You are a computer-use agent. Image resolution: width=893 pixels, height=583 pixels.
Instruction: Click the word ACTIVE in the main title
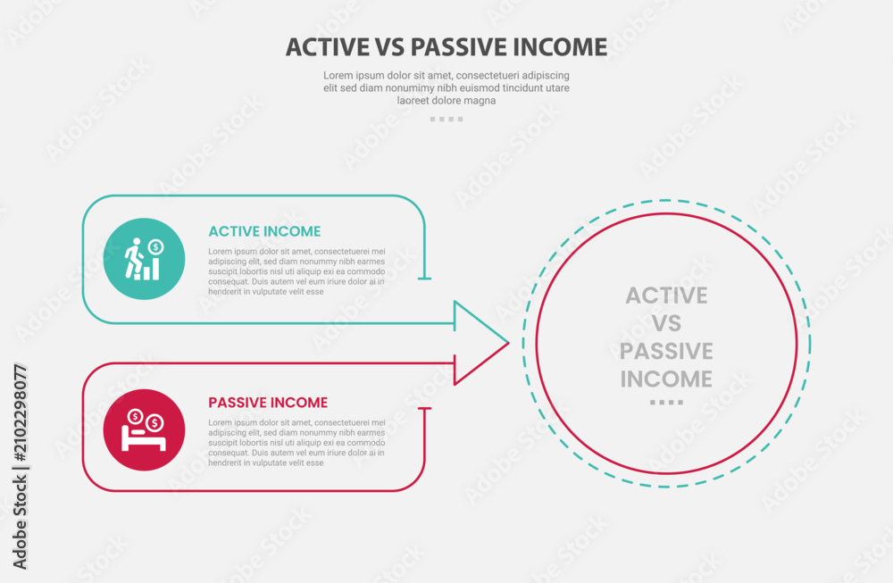pyautogui.click(x=328, y=47)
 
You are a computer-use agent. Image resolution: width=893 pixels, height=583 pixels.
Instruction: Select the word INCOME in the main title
pyautogui.click(x=560, y=47)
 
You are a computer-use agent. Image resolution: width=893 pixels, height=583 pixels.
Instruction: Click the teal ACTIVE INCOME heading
pyautogui.click(x=264, y=231)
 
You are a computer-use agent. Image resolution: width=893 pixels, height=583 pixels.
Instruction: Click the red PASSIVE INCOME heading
pyautogui.click(x=268, y=403)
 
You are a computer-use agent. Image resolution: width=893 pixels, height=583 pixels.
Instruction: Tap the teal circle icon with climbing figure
pyautogui.click(x=144, y=259)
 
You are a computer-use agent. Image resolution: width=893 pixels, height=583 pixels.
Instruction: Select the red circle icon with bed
pyautogui.click(x=144, y=429)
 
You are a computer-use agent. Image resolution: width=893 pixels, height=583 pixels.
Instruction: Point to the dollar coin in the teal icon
pyautogui.click(x=155, y=247)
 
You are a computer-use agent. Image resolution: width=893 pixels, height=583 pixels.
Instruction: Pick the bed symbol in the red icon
pyautogui.click(x=144, y=439)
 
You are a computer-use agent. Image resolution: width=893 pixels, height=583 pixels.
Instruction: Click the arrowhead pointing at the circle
pyautogui.click(x=481, y=344)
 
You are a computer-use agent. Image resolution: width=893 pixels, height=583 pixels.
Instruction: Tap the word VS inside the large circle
pyautogui.click(x=666, y=323)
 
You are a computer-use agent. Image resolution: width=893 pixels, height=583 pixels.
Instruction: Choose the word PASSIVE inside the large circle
pyautogui.click(x=666, y=351)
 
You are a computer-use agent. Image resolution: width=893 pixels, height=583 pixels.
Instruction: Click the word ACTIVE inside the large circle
pyautogui.click(x=666, y=296)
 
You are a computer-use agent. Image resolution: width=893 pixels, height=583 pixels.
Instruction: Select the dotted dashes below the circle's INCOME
pyautogui.click(x=666, y=403)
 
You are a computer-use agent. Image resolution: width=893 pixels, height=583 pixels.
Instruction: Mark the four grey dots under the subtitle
pyautogui.click(x=446, y=119)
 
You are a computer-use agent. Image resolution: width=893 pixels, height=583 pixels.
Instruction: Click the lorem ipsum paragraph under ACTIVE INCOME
pyautogui.click(x=296, y=271)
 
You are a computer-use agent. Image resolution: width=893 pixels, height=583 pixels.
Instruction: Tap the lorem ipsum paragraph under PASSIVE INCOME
pyautogui.click(x=296, y=442)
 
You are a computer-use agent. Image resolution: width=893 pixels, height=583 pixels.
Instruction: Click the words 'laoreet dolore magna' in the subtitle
pyautogui.click(x=446, y=101)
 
